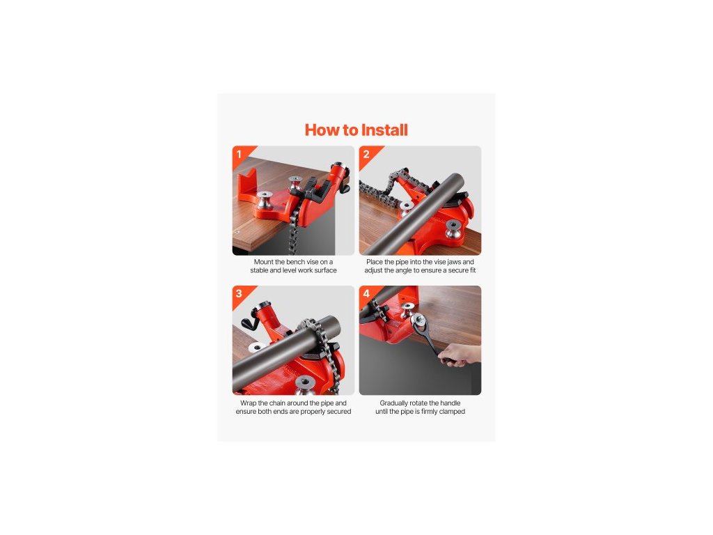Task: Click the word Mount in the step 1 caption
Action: [x=263, y=262]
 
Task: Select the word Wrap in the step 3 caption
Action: [x=248, y=403]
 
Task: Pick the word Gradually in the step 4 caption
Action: [x=394, y=403]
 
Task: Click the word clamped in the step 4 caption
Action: [x=452, y=412]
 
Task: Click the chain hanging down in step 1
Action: [x=293, y=233]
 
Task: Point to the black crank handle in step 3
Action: [x=250, y=322]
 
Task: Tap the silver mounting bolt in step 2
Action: [x=453, y=228]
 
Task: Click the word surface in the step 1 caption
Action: [x=326, y=270]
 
